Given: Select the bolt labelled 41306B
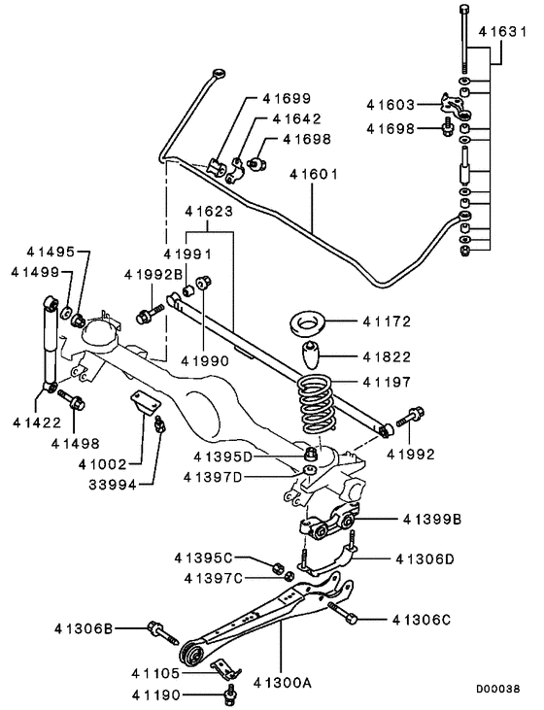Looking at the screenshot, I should (157, 629).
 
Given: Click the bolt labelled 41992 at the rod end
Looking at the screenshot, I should (412, 418).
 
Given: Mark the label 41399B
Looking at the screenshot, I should (428, 520).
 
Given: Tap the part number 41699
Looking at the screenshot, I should (286, 99).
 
